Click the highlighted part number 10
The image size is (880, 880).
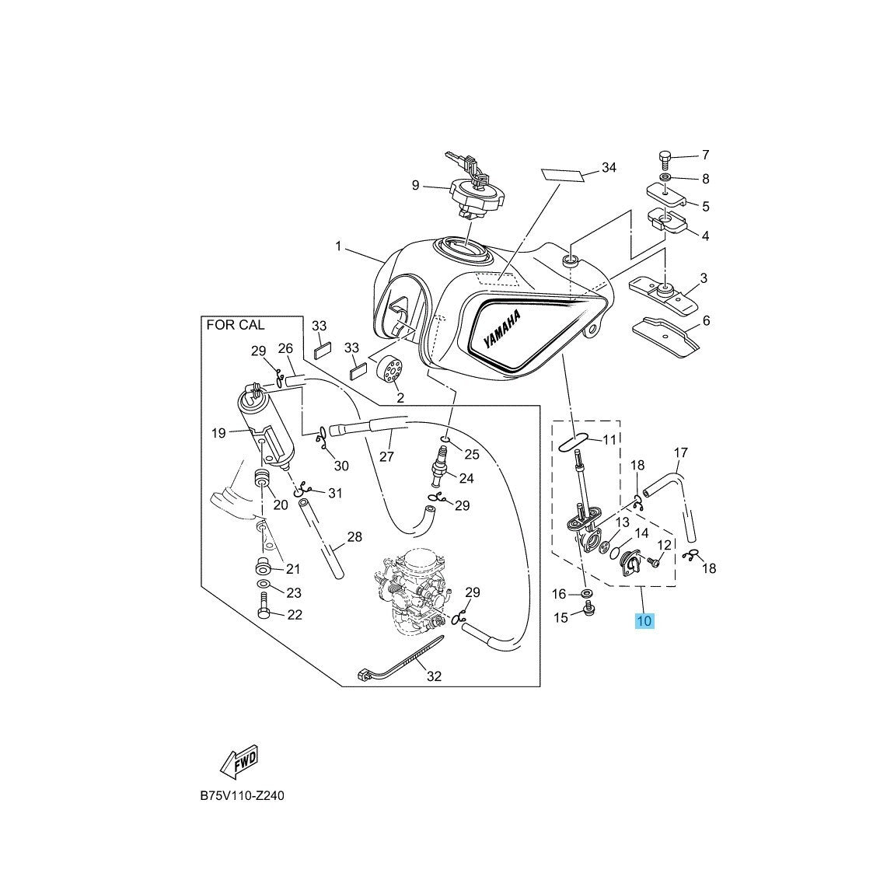click(644, 621)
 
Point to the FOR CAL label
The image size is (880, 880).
click(235, 325)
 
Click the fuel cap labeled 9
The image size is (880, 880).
click(466, 194)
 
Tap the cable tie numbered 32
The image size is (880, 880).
click(400, 658)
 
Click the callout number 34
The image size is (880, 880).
click(609, 168)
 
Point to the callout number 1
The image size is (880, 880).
click(339, 246)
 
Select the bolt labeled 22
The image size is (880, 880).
click(263, 607)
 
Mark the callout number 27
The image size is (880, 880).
click(386, 456)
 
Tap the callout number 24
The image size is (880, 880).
click(466, 478)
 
